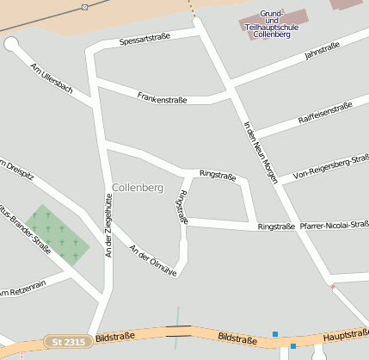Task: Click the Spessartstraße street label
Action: point(145,40)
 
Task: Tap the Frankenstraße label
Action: point(162,99)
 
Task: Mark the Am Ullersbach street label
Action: point(51,78)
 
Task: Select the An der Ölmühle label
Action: point(152,260)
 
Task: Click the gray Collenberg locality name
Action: point(137,187)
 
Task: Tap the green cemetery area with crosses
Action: point(57,234)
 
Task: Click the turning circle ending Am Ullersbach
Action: point(11,44)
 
